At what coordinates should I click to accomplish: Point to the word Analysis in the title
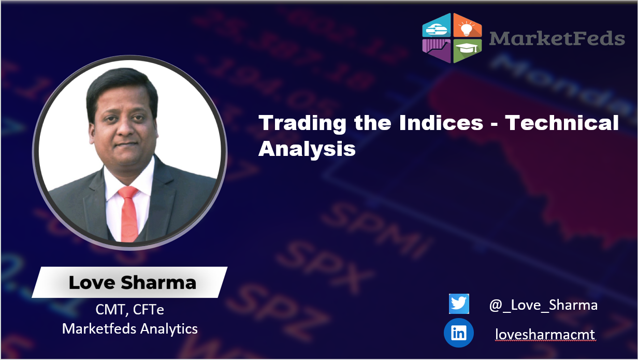click(307, 149)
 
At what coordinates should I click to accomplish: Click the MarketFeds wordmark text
click(557, 38)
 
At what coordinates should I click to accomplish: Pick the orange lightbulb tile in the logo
click(467, 26)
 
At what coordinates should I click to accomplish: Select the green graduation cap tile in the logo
click(467, 50)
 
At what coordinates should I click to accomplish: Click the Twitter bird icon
click(459, 304)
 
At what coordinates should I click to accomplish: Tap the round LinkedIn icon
click(459, 333)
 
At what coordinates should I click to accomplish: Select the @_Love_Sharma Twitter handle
click(543, 305)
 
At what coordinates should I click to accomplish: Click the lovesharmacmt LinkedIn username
click(545, 335)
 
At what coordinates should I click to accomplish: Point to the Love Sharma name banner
click(132, 283)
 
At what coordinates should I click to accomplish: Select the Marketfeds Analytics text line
click(130, 328)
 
